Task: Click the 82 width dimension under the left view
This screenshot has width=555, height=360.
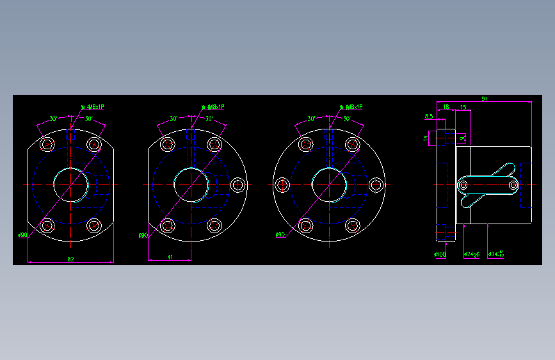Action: click(x=70, y=259)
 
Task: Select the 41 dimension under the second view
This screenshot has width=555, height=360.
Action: click(x=170, y=257)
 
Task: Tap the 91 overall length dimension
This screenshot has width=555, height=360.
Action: click(x=484, y=99)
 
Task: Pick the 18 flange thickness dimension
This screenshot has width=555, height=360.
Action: click(x=446, y=107)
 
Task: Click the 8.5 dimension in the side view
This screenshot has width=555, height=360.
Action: click(x=429, y=116)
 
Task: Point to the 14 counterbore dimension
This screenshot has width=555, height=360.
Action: click(x=425, y=138)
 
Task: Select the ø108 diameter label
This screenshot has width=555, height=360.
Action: click(x=440, y=254)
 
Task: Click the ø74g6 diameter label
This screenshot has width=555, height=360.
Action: click(x=472, y=254)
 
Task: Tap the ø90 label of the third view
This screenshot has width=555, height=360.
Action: click(x=280, y=235)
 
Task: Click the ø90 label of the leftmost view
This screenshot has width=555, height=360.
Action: click(x=22, y=235)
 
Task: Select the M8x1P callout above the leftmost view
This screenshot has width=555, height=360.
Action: click(x=93, y=107)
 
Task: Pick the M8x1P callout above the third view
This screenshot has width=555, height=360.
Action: click(x=351, y=107)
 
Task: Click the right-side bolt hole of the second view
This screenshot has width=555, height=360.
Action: click(x=238, y=185)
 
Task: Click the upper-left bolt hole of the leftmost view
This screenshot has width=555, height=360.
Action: click(x=47, y=144)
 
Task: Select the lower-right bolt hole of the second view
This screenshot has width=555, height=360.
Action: click(x=214, y=225)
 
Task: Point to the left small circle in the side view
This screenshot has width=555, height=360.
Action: click(x=463, y=185)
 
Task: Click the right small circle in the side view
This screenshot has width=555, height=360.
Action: click(x=513, y=185)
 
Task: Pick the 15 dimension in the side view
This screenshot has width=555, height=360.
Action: click(x=462, y=107)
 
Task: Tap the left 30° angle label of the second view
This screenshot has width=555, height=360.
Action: click(x=174, y=119)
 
